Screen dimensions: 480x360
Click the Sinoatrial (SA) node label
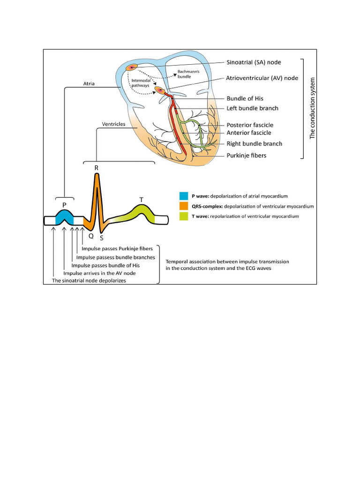[x=261, y=62]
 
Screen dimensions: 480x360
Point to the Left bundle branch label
[x=252, y=108]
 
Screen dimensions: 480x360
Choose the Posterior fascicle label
[x=250, y=125]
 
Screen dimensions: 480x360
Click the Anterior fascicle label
[x=249, y=133]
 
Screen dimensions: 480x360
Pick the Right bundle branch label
[x=255, y=144]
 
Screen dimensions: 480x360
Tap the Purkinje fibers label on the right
[x=247, y=155]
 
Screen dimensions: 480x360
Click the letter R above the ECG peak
[x=97, y=167]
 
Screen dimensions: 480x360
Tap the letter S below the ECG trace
[x=101, y=238]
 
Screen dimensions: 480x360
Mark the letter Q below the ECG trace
[x=91, y=236]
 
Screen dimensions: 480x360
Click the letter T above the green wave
[x=142, y=200]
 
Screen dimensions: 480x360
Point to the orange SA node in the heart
[x=131, y=67]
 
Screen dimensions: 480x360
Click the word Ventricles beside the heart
[x=113, y=124]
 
